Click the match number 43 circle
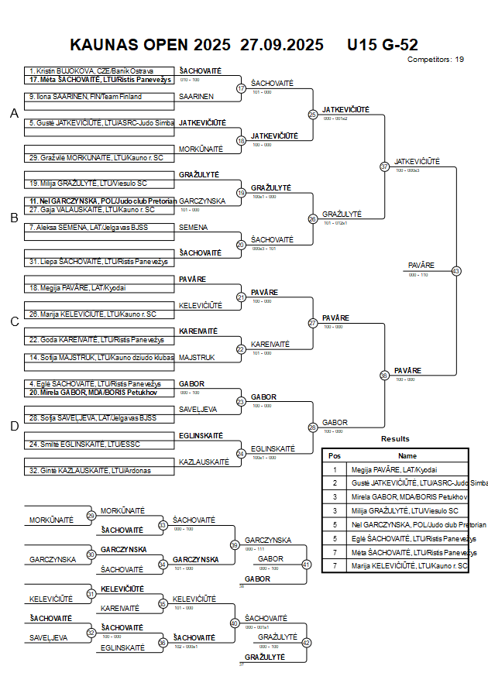tap(456, 271)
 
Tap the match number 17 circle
tap(241, 88)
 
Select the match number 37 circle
tap(384, 166)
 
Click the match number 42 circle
tap(306, 642)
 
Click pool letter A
tap(14, 114)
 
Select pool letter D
tap(14, 425)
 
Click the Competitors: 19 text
tap(435, 59)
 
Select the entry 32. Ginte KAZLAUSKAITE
tap(90, 470)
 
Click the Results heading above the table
tap(395, 439)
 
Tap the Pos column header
tap(335, 456)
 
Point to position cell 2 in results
tap(335, 482)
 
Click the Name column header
tap(407, 456)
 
